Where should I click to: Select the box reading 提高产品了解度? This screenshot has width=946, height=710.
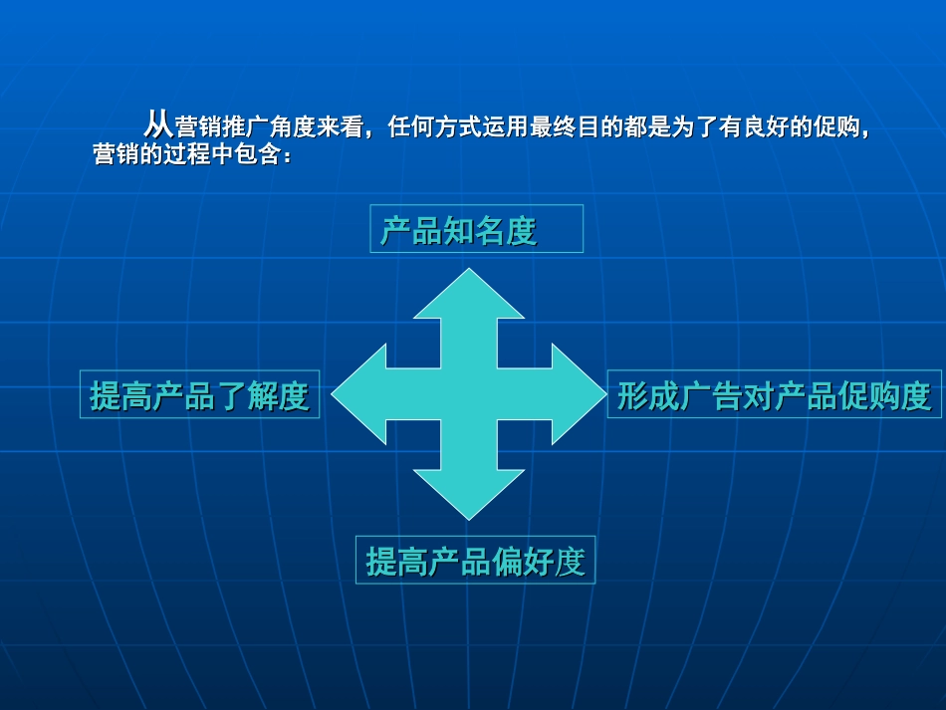199,395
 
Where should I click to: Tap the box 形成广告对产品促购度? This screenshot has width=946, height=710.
774,395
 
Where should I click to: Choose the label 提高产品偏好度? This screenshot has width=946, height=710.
475,561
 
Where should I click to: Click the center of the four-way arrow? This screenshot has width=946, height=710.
469,395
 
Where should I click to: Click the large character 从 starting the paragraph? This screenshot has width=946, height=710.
158,125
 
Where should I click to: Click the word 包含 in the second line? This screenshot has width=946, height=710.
260,156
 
